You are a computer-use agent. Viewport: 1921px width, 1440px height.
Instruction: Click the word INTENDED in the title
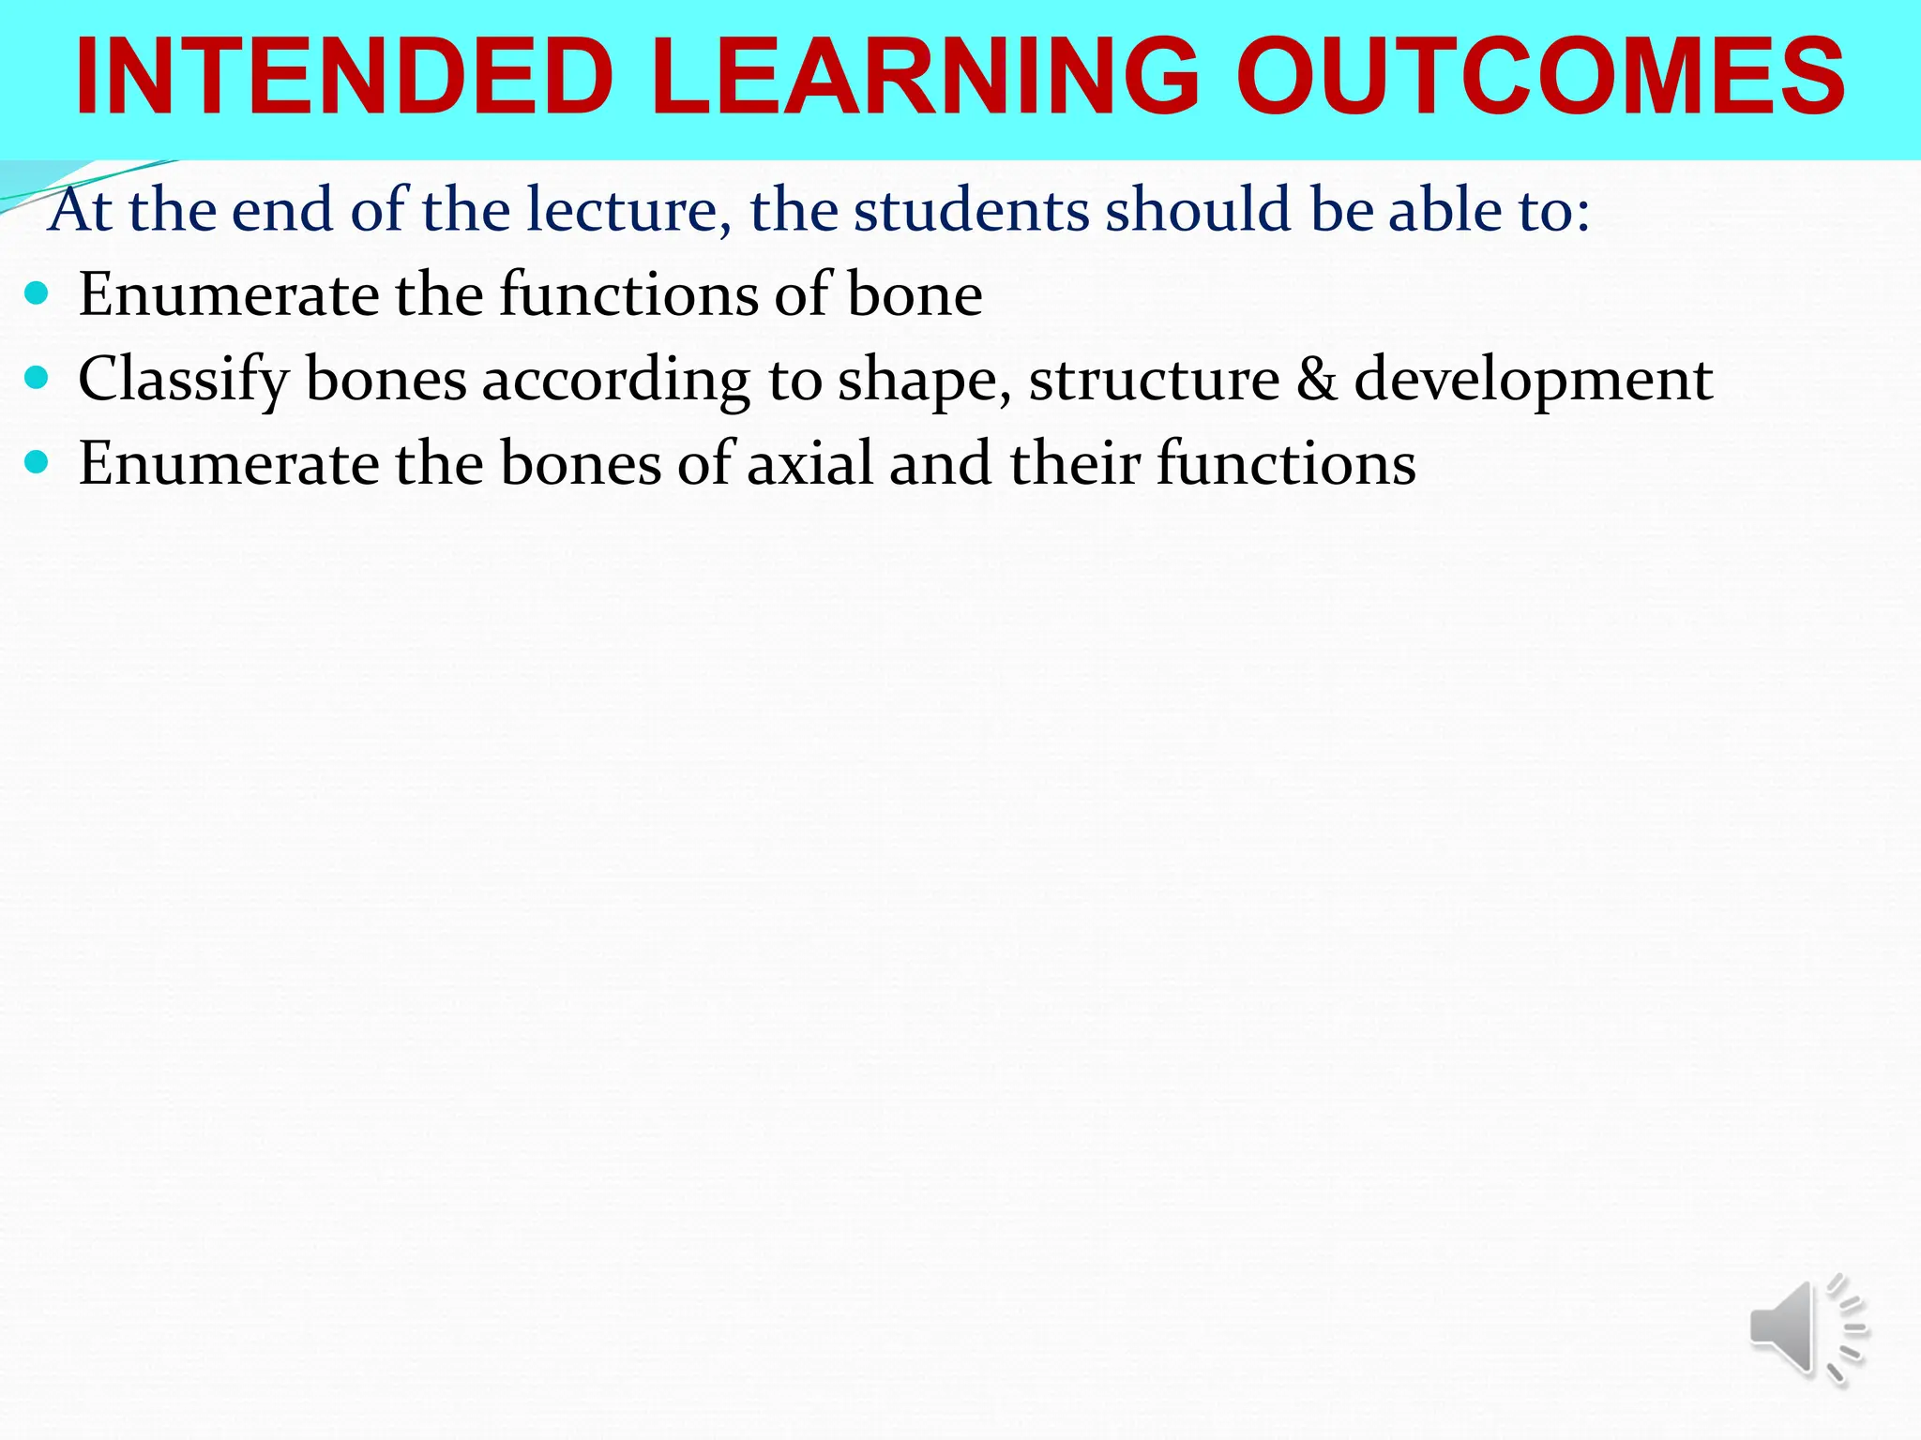click(344, 77)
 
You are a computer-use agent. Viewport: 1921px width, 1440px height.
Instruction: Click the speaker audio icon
click(1807, 1329)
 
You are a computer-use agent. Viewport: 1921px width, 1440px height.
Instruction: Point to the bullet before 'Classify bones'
click(37, 378)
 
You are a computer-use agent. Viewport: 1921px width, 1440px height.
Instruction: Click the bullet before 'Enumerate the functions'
click(37, 293)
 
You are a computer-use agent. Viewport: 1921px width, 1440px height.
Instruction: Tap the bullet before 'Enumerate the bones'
click(37, 462)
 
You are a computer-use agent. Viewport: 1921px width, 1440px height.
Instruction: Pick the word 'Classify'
click(184, 381)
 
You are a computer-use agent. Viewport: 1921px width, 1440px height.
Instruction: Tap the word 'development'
click(1533, 381)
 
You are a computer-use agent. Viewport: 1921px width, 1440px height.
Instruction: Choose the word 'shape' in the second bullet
click(923, 381)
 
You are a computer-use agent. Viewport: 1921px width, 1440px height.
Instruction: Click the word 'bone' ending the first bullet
click(915, 294)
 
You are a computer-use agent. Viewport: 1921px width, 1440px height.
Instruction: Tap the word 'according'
click(615, 381)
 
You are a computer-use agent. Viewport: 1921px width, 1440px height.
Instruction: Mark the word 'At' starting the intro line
click(82, 210)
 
